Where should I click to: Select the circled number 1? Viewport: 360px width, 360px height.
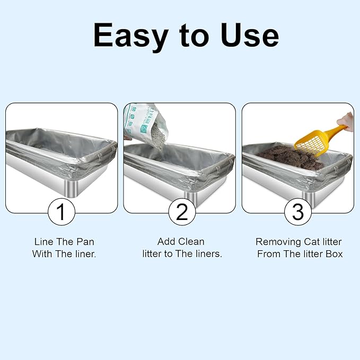point(61,212)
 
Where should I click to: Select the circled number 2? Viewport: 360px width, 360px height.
point(182,212)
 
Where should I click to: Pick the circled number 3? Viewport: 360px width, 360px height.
point(297,212)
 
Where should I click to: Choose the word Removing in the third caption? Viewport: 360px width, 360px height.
point(279,242)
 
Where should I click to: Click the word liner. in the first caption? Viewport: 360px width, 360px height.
point(83,254)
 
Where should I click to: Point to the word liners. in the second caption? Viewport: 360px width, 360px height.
point(208,254)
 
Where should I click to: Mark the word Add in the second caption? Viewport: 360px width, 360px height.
point(166,242)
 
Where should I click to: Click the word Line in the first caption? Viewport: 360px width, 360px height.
point(43,242)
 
